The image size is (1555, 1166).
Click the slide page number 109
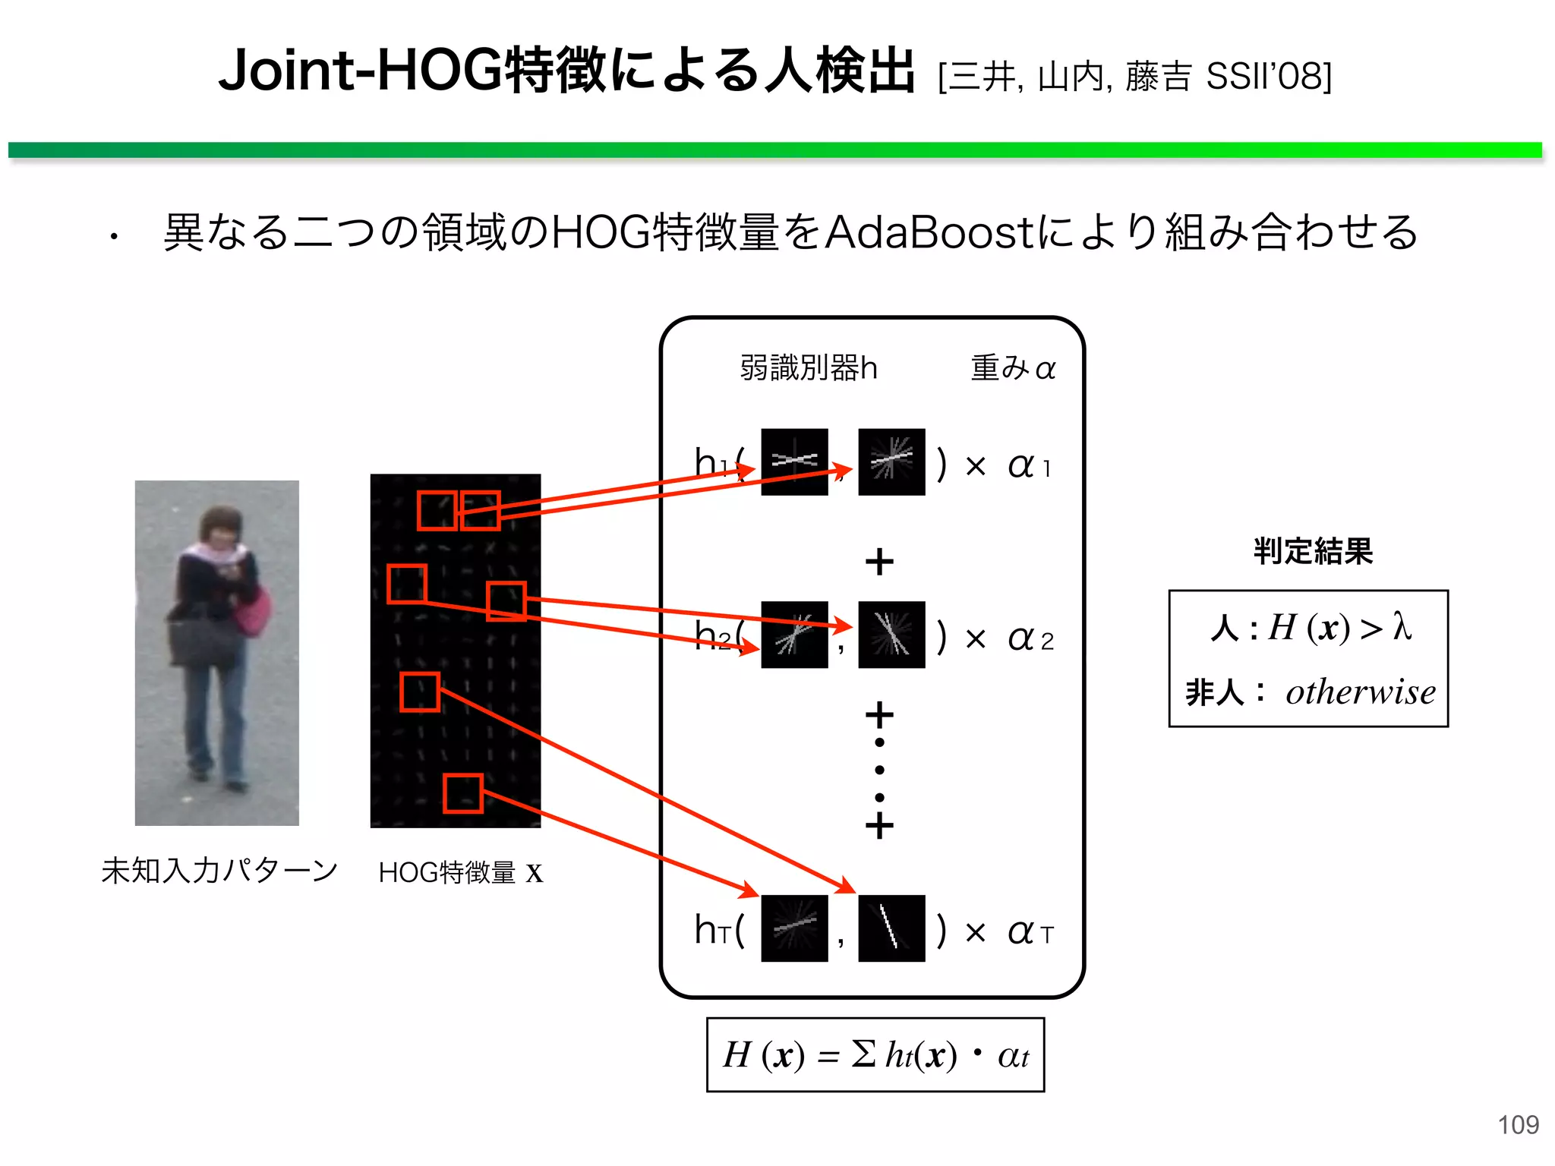click(x=1517, y=1124)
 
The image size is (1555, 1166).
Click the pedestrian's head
click(x=219, y=527)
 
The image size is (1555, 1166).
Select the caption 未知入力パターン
click(x=219, y=871)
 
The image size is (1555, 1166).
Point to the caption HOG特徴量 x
click(x=460, y=872)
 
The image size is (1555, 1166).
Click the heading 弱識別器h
click(x=808, y=368)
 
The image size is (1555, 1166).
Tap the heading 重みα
click(x=1013, y=368)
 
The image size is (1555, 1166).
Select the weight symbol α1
click(x=1029, y=465)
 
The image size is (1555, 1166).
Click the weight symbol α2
click(x=1030, y=638)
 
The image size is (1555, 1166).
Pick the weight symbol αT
click(x=1030, y=931)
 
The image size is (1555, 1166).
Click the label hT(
click(x=718, y=930)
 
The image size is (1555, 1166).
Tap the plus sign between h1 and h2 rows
click(x=879, y=562)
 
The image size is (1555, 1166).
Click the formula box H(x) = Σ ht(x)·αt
click(x=875, y=1055)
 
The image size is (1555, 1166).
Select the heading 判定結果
click(x=1313, y=551)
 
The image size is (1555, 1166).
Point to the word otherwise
click(x=1360, y=692)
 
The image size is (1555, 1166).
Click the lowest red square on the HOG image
click(x=463, y=793)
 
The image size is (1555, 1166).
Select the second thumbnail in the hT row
click(x=891, y=928)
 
